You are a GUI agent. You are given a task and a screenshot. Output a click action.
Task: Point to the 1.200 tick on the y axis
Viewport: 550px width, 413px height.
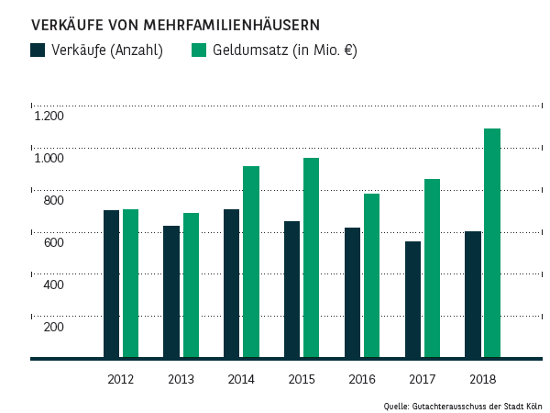tap(49, 116)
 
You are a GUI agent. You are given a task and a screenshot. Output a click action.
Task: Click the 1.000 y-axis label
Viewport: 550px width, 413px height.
tap(49, 158)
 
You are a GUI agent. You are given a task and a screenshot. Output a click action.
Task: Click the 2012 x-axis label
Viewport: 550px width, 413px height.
tap(121, 379)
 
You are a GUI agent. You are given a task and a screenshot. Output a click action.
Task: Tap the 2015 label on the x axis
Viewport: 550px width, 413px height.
tap(302, 379)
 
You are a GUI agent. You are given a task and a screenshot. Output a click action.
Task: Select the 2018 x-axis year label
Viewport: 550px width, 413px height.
tap(481, 379)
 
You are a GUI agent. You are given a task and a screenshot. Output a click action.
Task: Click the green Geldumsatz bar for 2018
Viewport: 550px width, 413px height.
tap(492, 243)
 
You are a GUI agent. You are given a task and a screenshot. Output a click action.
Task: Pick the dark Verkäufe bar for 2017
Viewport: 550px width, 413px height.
tap(412, 299)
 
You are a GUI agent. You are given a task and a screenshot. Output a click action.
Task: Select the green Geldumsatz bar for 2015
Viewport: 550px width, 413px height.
tap(312, 258)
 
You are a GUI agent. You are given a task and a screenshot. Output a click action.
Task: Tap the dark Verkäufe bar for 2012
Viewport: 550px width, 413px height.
tap(111, 284)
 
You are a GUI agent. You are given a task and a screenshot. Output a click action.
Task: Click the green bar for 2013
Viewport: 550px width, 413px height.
tap(191, 285)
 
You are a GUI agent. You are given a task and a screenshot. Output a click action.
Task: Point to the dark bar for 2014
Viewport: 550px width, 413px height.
tap(231, 284)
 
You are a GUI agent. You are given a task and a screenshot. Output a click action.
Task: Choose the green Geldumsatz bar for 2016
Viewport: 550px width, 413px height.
tap(371, 275)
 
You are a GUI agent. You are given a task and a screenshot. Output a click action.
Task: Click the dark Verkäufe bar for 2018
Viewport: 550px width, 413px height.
tap(473, 295)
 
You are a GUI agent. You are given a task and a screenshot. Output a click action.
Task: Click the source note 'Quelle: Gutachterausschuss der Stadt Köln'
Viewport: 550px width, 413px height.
tap(462, 405)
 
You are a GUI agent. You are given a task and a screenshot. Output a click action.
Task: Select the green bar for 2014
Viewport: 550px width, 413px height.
tap(251, 262)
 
